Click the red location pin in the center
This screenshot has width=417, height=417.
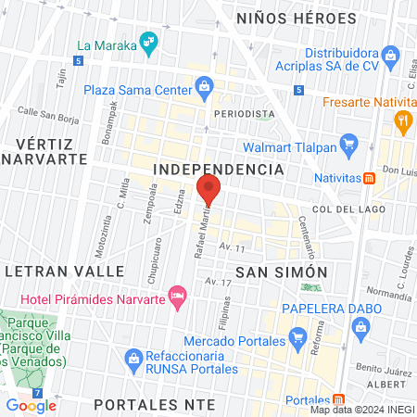pos(208,192)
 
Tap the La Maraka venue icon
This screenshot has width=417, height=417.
pos(146,43)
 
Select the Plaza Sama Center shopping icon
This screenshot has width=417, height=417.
pos(205,90)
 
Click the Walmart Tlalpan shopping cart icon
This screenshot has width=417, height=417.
pos(348,144)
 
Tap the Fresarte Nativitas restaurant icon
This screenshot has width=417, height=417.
pos(402,119)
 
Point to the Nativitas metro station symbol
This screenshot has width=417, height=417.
pos(369,177)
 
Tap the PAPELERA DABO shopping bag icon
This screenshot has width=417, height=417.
pos(361,325)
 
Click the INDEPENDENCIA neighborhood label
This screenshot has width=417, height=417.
pos(218,170)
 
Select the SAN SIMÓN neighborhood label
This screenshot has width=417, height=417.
pos(282,272)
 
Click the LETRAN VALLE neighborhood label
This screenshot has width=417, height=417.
pos(64,270)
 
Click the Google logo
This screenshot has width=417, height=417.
pos(32,405)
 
